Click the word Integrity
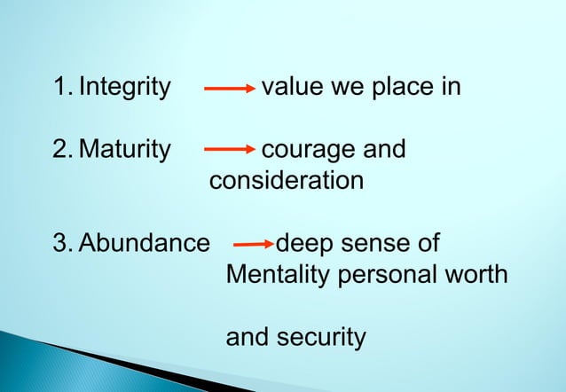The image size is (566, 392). [x=124, y=88]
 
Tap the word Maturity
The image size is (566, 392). [x=124, y=150]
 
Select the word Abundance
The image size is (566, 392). [x=145, y=244]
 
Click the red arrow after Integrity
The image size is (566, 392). [x=230, y=89]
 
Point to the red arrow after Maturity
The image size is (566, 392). [x=230, y=150]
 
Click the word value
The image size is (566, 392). [x=295, y=88]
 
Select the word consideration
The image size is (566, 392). [x=286, y=181]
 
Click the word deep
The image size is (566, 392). [x=306, y=244]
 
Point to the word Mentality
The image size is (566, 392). [x=276, y=275]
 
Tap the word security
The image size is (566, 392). [x=322, y=338]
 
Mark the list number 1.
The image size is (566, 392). [x=60, y=88]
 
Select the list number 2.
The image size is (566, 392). [x=60, y=150]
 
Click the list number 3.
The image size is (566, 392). [x=60, y=244]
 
